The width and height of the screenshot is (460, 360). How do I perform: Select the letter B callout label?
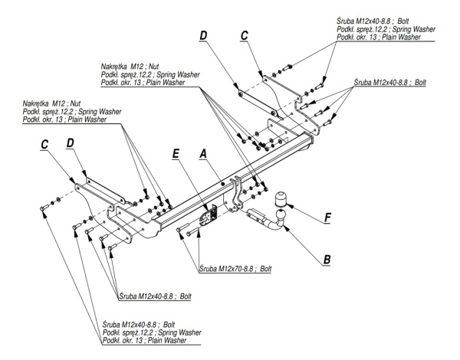[327, 259]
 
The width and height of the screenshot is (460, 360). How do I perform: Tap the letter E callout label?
[176, 153]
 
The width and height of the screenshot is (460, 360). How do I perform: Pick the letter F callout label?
[327, 218]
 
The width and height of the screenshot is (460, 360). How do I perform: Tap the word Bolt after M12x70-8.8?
[264, 269]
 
